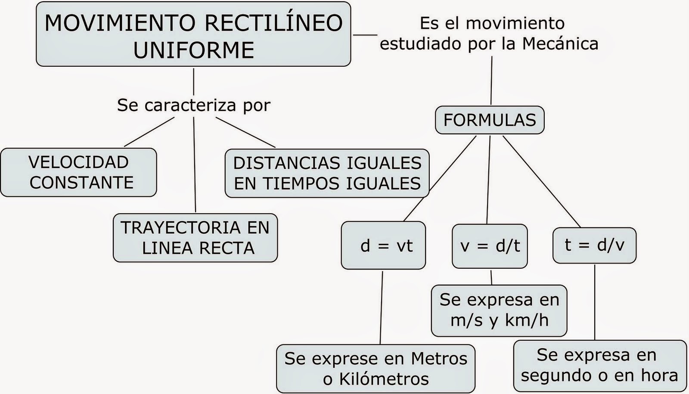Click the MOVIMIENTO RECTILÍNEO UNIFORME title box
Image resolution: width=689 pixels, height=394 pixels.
pyautogui.click(x=193, y=34)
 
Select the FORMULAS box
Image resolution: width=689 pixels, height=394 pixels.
pyautogui.click(x=490, y=120)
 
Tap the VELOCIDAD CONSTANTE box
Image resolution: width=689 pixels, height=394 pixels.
pyautogui.click(x=78, y=172)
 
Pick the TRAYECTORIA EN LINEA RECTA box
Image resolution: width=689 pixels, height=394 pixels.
pyautogui.click(x=195, y=238)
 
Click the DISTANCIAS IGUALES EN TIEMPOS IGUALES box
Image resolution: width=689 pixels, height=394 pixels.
pyautogui.click(x=327, y=173)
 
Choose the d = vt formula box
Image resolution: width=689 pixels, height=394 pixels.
pyautogui.click(x=383, y=245)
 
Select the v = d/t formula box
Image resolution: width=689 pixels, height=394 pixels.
pyautogui.click(x=490, y=246)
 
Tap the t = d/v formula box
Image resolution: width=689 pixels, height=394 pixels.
pyautogui.click(x=594, y=245)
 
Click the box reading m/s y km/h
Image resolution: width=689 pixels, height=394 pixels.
pyautogui.click(x=499, y=310)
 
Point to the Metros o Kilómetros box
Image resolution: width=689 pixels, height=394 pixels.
pyautogui.click(x=376, y=369)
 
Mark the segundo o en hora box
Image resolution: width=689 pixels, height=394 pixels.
pyautogui.click(x=599, y=366)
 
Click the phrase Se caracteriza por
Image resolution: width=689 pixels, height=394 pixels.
pyautogui.click(x=194, y=105)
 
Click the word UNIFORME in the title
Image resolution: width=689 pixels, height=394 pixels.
pyautogui.click(x=194, y=50)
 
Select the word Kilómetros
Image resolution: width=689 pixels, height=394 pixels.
pyautogui.click(x=384, y=379)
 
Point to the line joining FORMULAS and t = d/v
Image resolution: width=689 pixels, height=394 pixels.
pyautogui.click(x=542, y=181)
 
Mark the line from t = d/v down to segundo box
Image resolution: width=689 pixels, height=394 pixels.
pyautogui.click(x=595, y=301)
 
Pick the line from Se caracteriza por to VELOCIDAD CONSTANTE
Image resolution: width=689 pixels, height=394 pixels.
pyautogui.click(x=149, y=132)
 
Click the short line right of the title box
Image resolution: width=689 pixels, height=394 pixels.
pyautogui.click(x=364, y=35)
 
